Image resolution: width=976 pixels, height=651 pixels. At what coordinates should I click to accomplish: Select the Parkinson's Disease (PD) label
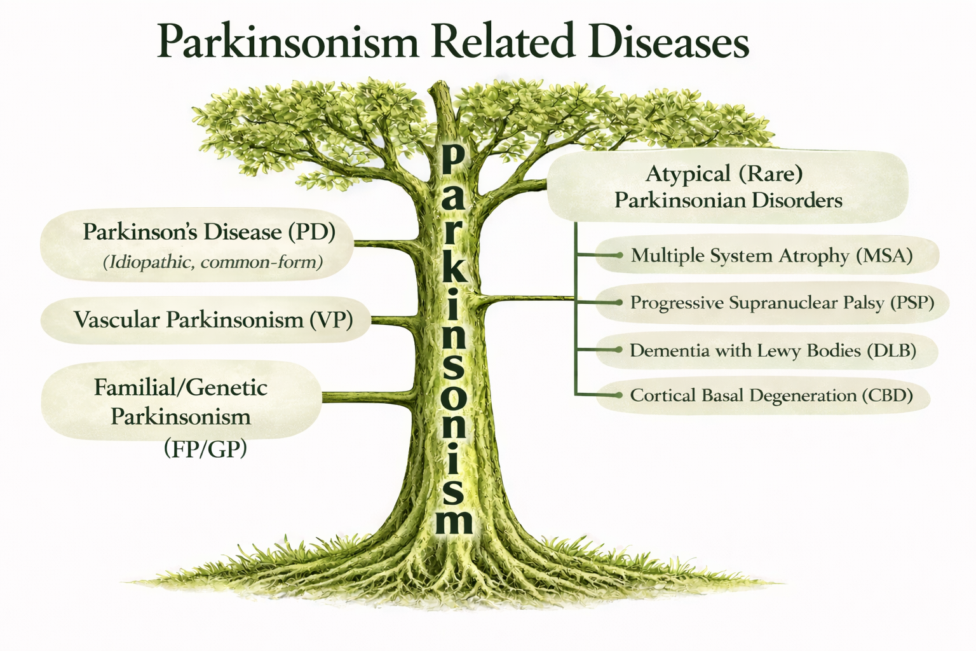point(208,231)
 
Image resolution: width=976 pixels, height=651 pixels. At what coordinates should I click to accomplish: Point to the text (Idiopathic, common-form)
point(213,262)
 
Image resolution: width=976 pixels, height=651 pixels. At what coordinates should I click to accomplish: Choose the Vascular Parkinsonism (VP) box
point(206,320)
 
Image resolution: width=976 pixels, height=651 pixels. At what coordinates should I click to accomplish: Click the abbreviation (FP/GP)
point(205,448)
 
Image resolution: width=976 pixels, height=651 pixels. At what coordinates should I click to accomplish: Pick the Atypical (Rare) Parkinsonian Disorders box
point(728,187)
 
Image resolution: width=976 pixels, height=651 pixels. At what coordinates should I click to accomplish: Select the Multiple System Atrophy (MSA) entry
point(771,256)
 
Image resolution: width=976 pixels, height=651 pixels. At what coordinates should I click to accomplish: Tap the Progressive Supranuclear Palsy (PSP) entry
point(782,303)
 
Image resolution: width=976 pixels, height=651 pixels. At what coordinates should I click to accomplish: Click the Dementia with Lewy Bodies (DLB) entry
point(773,350)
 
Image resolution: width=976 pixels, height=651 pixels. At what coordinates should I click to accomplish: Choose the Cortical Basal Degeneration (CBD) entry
point(771,395)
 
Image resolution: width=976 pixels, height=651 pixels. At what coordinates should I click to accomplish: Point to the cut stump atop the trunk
point(442,93)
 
